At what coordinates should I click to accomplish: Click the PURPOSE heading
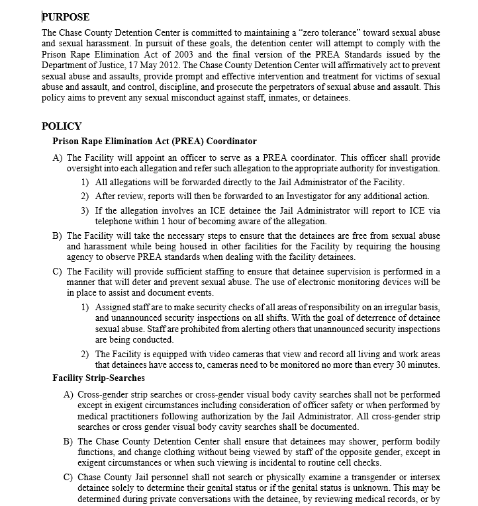coord(66,17)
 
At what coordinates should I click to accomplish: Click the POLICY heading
coord(62,126)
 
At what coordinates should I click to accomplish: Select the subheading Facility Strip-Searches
coord(99,378)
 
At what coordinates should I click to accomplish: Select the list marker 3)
coord(85,211)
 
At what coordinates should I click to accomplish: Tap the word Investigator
coord(318,196)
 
